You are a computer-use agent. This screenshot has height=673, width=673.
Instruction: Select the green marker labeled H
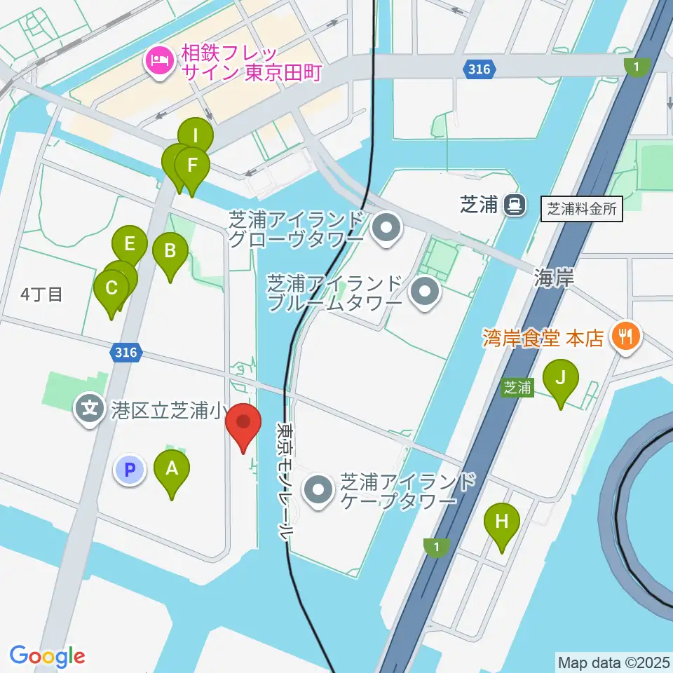coord(502,522)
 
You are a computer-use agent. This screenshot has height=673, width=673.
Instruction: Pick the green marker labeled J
coord(560,379)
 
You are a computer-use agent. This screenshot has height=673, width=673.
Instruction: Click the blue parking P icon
coord(130,470)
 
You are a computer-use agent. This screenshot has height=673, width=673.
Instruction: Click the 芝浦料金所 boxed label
coord(582,209)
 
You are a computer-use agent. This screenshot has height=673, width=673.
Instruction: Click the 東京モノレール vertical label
coord(285,480)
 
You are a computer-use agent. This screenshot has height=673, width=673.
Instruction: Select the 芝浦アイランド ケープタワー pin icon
coord(319,490)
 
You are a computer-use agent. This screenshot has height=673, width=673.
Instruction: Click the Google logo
coord(47,655)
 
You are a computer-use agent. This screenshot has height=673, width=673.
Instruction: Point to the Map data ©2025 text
coord(613,662)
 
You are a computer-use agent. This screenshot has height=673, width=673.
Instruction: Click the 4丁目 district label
coord(41,294)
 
